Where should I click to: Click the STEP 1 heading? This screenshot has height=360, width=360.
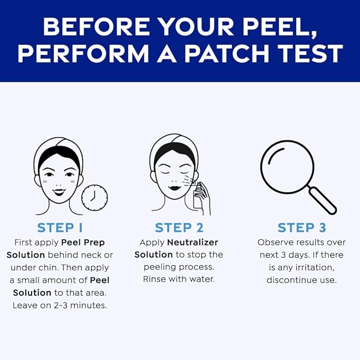(x=59, y=228)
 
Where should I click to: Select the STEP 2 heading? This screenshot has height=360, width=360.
(x=179, y=228)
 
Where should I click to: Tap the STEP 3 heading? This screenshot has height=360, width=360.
(x=302, y=228)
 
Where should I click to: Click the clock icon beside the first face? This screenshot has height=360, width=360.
(x=94, y=198)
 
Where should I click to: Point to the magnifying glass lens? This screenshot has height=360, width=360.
(x=287, y=166)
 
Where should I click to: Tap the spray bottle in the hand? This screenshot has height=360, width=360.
(x=197, y=196)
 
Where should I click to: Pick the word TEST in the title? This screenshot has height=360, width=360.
(x=309, y=54)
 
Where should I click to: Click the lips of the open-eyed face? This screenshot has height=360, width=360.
(x=59, y=191)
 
